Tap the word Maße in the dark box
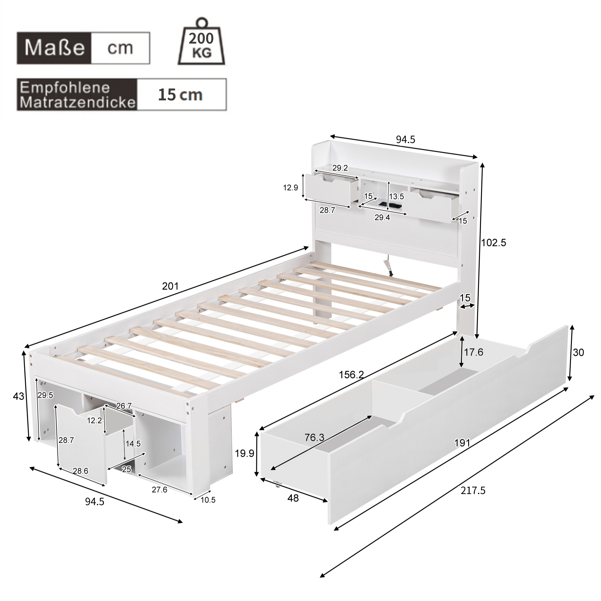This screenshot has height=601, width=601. (54, 48)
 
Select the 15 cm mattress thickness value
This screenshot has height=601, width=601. (180, 95)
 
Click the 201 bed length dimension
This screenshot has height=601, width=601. (170, 286)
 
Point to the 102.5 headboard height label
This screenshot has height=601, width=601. (494, 242)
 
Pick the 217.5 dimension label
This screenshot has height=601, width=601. (473, 491)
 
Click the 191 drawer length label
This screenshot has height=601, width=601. (462, 443)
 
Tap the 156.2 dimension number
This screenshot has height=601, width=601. (351, 374)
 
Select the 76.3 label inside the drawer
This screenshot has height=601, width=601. (315, 438)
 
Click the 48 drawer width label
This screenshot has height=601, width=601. (293, 498)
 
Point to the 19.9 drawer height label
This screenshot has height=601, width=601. (245, 453)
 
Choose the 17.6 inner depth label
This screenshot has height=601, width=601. (474, 352)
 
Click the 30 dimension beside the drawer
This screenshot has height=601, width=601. (578, 352)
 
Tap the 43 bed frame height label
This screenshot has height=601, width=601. (18, 396)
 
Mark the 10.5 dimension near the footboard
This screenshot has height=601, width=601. (208, 500)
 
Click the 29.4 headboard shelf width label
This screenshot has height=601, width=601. (382, 218)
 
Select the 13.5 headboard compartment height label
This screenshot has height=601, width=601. (397, 196)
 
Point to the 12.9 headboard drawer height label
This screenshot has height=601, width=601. (291, 188)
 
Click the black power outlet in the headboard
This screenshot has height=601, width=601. (390, 205)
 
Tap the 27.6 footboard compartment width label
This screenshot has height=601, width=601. (159, 490)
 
